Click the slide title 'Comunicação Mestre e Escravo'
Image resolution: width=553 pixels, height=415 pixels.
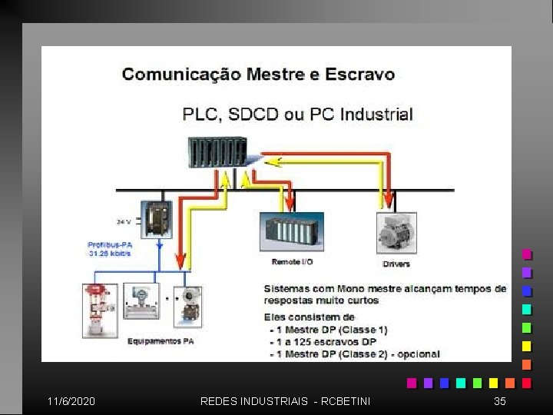[x=258, y=75]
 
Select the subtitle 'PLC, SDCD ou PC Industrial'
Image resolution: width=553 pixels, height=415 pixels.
[x=297, y=115]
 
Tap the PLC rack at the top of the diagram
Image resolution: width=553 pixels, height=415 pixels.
[x=217, y=151]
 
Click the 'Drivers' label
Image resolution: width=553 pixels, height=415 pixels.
[x=396, y=264]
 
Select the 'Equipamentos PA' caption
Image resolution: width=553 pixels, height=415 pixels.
[x=161, y=340]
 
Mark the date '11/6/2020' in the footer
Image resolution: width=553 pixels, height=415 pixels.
[x=71, y=401]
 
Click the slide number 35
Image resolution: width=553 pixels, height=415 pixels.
[x=500, y=401]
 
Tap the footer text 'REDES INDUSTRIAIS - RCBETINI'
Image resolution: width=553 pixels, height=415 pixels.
[x=285, y=401]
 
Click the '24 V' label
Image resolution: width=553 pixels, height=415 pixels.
[x=124, y=221]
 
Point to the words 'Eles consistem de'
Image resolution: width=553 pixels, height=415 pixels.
[x=309, y=317]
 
